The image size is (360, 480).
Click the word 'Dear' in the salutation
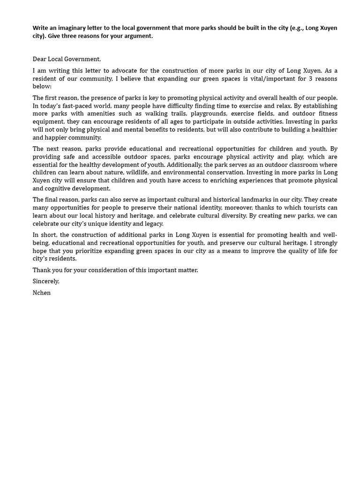click(x=40, y=59)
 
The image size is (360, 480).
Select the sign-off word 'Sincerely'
click(x=46, y=282)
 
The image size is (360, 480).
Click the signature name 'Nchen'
click(x=42, y=293)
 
